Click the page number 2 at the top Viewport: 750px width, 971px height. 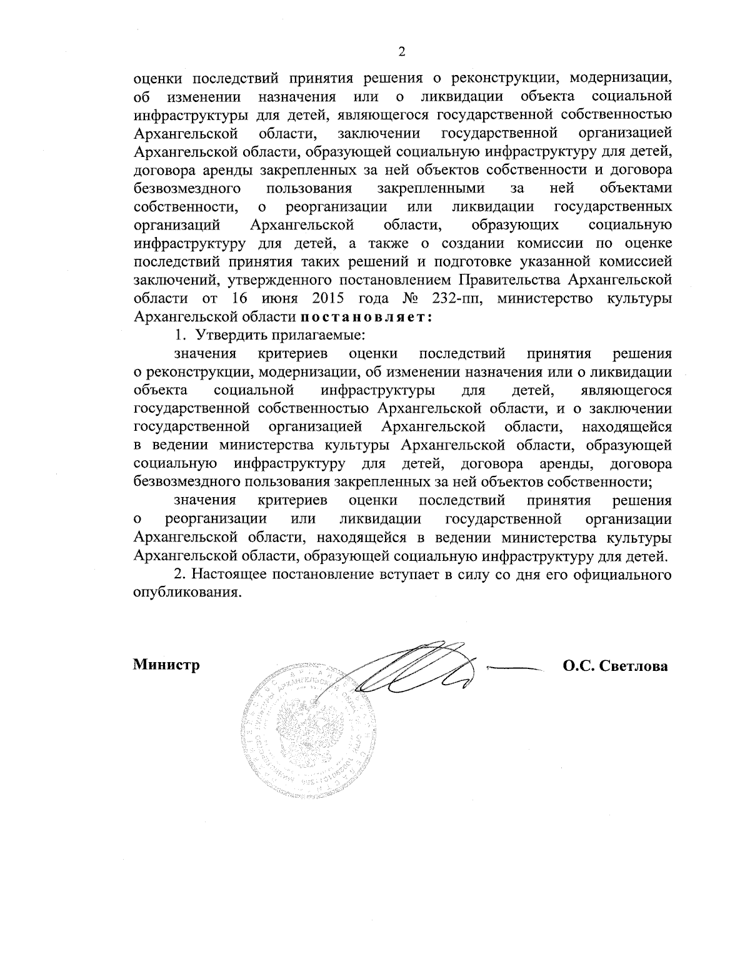(x=402, y=52)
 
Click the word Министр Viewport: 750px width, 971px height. (x=166, y=665)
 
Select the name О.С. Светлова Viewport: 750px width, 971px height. (x=615, y=667)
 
